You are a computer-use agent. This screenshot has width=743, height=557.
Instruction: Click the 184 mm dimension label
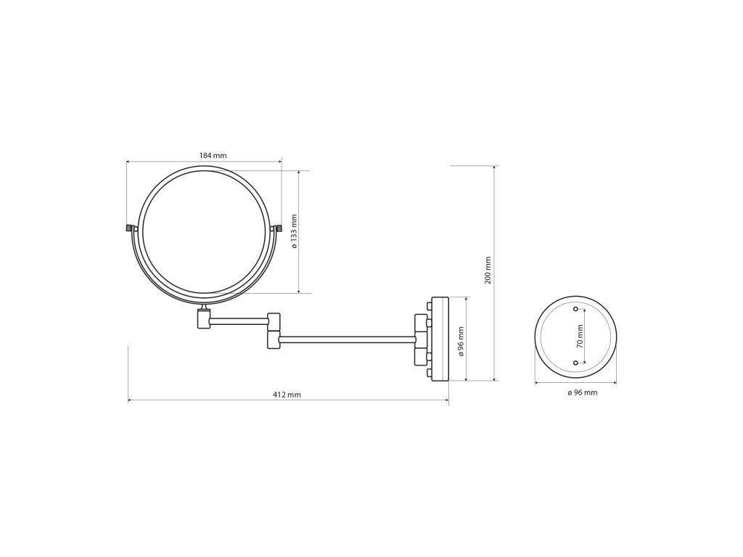[x=213, y=155]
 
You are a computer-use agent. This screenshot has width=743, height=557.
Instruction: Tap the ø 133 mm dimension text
[x=295, y=231]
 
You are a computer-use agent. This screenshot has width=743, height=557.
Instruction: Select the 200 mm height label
[x=488, y=271]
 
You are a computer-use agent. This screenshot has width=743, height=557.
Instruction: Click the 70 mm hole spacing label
[x=580, y=337]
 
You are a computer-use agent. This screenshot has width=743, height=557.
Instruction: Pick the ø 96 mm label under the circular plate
[x=583, y=392]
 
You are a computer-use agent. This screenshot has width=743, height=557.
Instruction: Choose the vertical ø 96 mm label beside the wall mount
[x=461, y=341]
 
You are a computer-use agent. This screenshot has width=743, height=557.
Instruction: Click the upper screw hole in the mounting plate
[x=575, y=309]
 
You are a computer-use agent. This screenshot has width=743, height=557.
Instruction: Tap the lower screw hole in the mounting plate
[x=575, y=363]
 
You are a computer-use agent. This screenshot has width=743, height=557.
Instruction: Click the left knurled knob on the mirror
[x=128, y=228]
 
